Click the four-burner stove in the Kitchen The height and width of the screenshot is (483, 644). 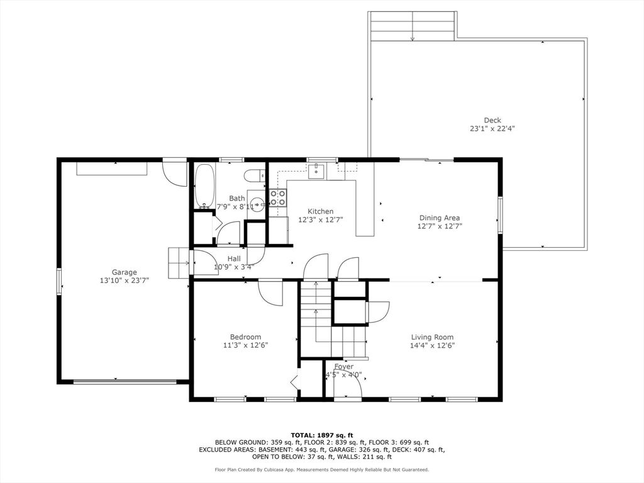pos(278,198)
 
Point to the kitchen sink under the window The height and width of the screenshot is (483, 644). pos(318,170)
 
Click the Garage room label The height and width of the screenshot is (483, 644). pos(125,272)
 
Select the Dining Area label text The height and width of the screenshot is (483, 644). pos(440,218)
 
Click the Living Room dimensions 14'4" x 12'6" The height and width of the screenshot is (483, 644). pos(432,345)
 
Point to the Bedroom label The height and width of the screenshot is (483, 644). pos(245,337)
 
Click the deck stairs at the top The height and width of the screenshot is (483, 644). pos(412,26)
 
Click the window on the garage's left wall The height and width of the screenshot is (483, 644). pos(59,281)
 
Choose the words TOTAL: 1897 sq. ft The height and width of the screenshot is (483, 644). pos(321,435)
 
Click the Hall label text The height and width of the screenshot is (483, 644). pos(234,258)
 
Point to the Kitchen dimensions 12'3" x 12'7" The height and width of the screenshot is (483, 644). pos(320,219)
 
